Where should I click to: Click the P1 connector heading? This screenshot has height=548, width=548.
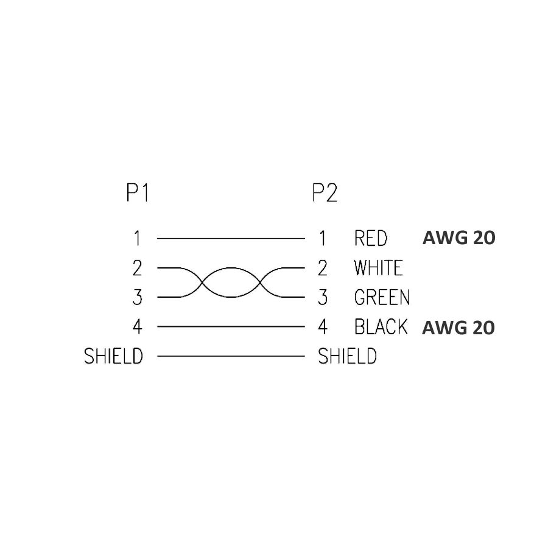[x=138, y=193]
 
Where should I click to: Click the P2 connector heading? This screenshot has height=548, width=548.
[x=325, y=193]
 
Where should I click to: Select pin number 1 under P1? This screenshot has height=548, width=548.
[x=138, y=238]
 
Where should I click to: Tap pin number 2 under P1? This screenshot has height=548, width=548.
[x=138, y=268]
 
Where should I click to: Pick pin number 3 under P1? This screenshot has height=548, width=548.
[x=138, y=298]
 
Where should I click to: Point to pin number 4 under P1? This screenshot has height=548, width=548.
[x=138, y=327]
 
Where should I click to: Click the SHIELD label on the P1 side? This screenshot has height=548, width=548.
[x=113, y=356]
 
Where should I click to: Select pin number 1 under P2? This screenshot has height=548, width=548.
[x=323, y=238]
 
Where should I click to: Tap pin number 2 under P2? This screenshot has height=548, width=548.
[x=323, y=268]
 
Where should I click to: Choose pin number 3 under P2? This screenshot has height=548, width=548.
[x=323, y=298]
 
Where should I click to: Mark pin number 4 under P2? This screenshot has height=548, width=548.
[x=323, y=327]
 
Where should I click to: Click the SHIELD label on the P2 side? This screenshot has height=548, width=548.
[x=347, y=356]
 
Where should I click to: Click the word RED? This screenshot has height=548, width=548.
[x=370, y=238]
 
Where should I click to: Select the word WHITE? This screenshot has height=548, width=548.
[x=378, y=268]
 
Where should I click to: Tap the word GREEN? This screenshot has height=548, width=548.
[x=382, y=298]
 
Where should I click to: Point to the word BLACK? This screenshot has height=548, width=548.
[x=381, y=327]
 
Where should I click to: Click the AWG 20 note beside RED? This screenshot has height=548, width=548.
[x=458, y=238]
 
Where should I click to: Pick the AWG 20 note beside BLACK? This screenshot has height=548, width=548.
[x=458, y=328]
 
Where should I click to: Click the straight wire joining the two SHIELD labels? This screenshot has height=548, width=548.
[x=230, y=356]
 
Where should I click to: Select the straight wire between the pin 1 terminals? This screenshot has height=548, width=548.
[x=230, y=238]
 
